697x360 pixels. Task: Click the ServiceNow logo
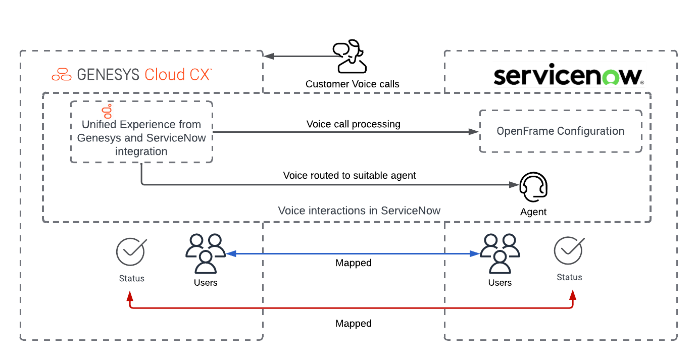click(568, 76)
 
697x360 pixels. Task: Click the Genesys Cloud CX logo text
click(132, 75)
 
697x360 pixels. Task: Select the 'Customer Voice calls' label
click(352, 84)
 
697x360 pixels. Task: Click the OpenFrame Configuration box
click(560, 131)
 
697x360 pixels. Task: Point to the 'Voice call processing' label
click(353, 124)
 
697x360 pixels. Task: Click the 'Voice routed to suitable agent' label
click(349, 176)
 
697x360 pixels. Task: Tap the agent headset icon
click(533, 188)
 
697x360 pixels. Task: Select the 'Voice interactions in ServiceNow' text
click(359, 211)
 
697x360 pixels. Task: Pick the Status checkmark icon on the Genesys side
click(131, 252)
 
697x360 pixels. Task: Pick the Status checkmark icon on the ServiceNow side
click(569, 250)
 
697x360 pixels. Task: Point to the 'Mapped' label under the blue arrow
click(353, 263)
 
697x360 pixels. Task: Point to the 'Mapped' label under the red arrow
click(353, 323)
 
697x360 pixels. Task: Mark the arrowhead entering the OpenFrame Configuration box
click(473, 132)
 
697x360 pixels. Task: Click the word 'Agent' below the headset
click(533, 212)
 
